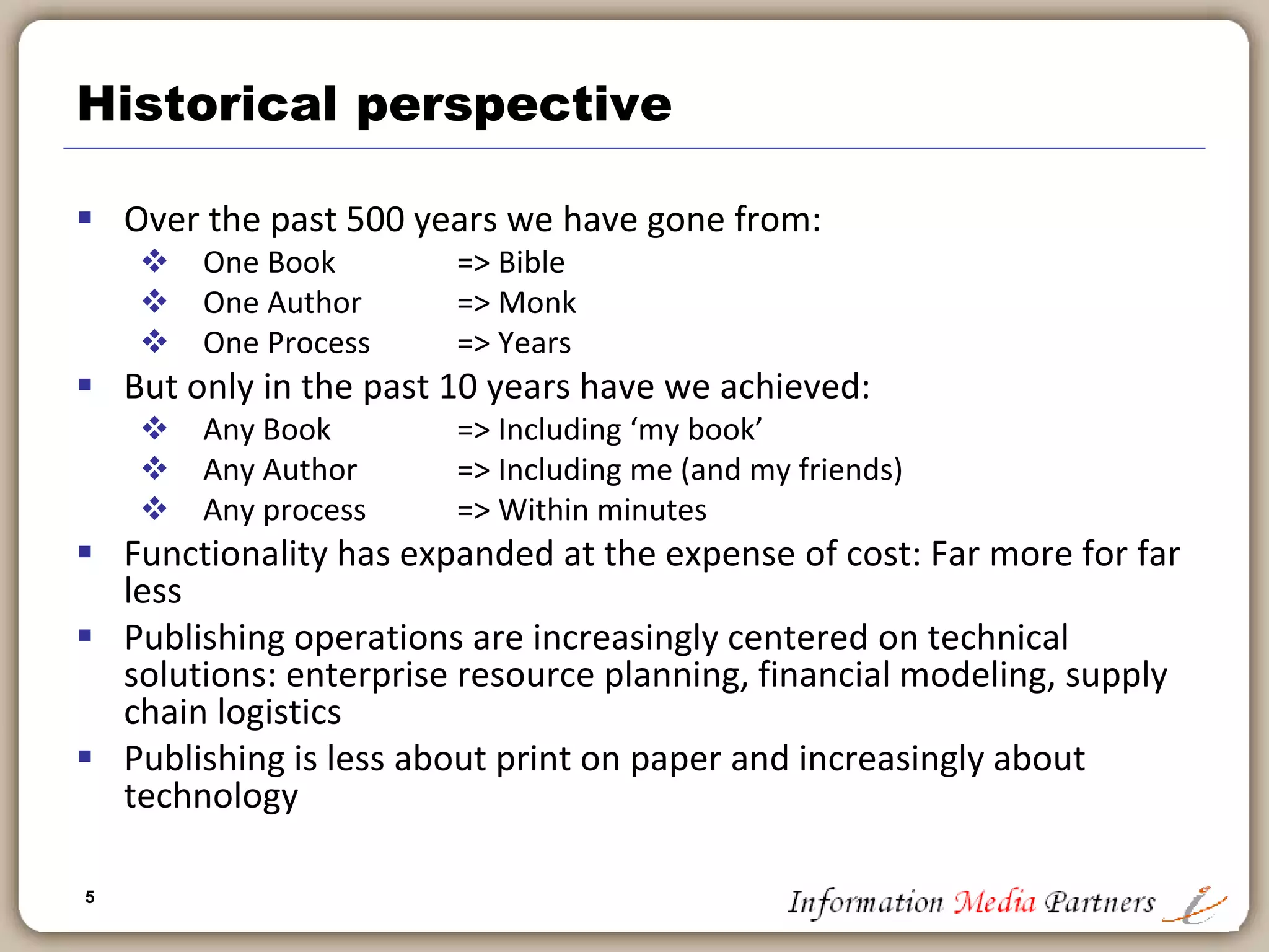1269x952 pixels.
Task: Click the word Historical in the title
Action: click(x=207, y=104)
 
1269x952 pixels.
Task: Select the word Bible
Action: click(x=532, y=263)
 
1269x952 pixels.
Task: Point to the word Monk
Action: click(x=537, y=303)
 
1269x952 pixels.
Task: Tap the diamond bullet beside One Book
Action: click(x=154, y=261)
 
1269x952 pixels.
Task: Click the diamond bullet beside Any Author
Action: click(x=154, y=469)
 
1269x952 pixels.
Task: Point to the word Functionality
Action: click(x=226, y=554)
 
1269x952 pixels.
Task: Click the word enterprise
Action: click(x=366, y=675)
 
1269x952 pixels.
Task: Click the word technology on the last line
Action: click(x=211, y=796)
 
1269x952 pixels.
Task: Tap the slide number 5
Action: click(x=90, y=897)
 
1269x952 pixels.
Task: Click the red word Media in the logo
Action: click(x=994, y=902)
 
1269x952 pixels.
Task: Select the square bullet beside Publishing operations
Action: click(x=86, y=635)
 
